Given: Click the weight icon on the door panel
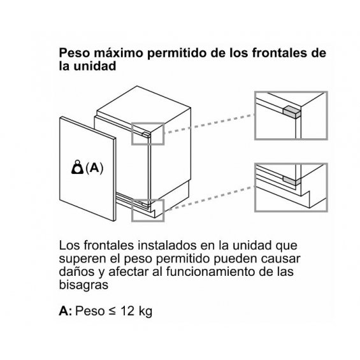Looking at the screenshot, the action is click(77, 167).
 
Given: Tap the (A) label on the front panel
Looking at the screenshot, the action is click(94, 168).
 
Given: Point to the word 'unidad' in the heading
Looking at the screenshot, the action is click(95, 66).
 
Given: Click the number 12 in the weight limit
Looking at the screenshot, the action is click(127, 311).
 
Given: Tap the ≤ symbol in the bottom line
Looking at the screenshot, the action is click(112, 312).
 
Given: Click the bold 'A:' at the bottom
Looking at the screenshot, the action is click(66, 311).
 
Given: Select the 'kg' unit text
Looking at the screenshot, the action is click(145, 312).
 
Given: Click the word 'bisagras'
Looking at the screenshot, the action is click(83, 285).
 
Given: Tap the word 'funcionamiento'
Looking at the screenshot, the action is click(210, 271).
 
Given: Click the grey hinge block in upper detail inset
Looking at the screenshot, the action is click(292, 112).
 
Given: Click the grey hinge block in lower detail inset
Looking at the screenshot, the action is click(292, 180).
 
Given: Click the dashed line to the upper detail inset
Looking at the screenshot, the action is click(210, 124).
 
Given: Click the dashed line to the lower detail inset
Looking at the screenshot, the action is click(210, 199).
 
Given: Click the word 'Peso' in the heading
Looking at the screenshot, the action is click(74, 53).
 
